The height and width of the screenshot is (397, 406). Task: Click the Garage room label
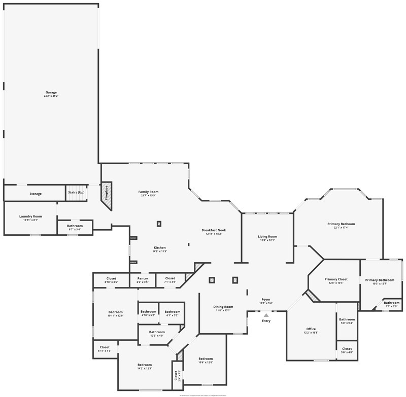[x=51, y=92]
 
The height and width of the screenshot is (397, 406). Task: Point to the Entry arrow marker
[x=266, y=315]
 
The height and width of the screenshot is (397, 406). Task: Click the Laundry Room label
[x=30, y=216]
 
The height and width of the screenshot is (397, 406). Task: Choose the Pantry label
[x=143, y=278]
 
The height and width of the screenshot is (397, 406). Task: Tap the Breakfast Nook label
[x=214, y=230]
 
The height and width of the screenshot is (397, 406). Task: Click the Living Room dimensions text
[x=267, y=240]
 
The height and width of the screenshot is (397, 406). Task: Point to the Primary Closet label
[x=336, y=279]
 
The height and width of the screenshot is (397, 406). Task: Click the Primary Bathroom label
[x=380, y=280]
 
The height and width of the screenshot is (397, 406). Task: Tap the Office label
[x=311, y=329]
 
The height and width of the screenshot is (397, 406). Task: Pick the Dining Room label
[x=223, y=306]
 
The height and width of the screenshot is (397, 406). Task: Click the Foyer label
[x=266, y=299]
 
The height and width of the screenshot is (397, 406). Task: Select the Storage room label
[x=36, y=194]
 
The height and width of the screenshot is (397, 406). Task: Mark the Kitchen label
[x=160, y=247]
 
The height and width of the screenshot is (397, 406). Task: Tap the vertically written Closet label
[x=176, y=375]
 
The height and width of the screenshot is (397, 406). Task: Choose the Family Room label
[x=149, y=192]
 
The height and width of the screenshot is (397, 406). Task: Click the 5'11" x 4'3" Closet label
[x=105, y=347]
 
